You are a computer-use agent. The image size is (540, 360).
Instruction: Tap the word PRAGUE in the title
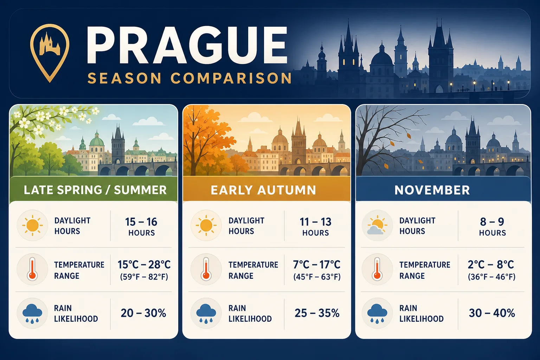click(187, 45)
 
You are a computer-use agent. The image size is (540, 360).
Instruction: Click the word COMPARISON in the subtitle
click(231, 78)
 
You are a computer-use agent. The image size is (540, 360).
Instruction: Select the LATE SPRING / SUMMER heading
click(95, 190)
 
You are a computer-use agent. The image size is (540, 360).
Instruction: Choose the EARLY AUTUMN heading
click(263, 190)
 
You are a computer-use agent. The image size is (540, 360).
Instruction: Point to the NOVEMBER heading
click(432, 190)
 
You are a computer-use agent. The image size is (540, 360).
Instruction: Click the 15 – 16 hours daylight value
click(141, 226)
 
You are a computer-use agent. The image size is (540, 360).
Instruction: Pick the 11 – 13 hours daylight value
click(315, 226)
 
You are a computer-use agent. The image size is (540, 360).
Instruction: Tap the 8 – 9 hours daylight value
click(492, 226)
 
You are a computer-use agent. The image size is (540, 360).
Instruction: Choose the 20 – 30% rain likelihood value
click(143, 313)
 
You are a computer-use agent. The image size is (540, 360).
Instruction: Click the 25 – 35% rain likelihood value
click(317, 313)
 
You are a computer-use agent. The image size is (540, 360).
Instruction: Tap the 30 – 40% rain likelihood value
click(492, 313)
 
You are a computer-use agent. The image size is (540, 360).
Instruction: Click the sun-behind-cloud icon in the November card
click(377, 225)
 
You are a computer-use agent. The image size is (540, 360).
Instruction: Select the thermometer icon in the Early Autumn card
click(206, 269)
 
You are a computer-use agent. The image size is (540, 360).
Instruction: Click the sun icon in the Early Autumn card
click(206, 225)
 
